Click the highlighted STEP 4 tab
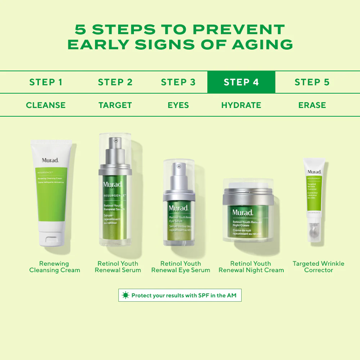241,82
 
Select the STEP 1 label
46,82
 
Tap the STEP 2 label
115,82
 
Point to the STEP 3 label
178,82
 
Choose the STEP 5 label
312,82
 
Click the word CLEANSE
46,105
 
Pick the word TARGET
115,105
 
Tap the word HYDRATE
241,105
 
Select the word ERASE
312,105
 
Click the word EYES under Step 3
178,105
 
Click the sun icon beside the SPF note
125,295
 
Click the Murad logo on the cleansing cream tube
50,160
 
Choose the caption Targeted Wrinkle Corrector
318,267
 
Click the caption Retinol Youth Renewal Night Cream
251,267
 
